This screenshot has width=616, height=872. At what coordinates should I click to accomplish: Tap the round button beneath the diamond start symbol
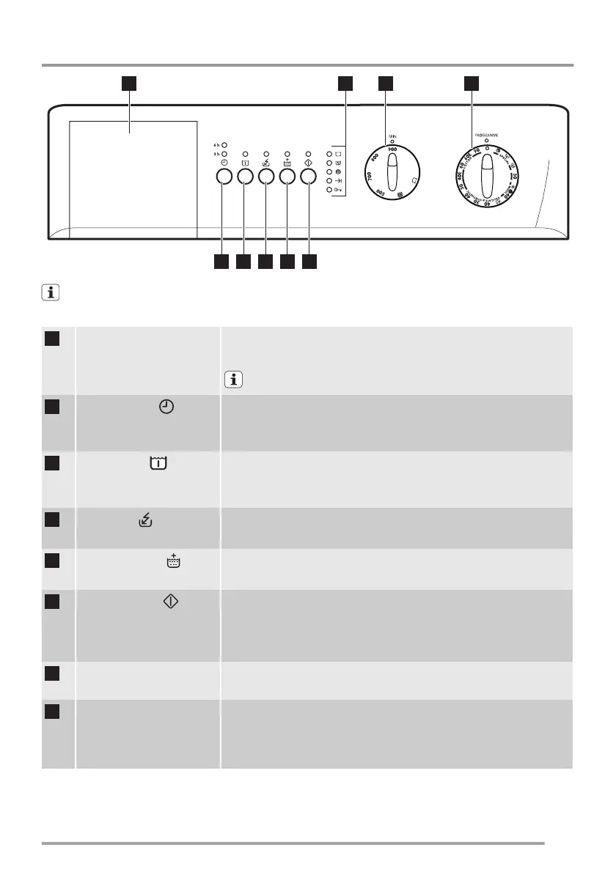point(309,176)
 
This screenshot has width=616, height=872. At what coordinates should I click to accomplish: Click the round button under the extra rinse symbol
point(287,176)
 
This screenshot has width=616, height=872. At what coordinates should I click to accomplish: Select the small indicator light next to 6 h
point(224,145)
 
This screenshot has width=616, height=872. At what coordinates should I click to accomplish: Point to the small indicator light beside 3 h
point(224,155)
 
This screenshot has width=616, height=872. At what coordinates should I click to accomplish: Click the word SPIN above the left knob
point(392,136)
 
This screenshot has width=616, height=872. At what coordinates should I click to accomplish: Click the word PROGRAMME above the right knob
point(476,136)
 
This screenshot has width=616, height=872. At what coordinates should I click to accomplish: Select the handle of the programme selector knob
point(485,176)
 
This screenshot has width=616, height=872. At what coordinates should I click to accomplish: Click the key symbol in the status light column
point(338,189)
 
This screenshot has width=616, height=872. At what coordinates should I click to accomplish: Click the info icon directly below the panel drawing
point(51,293)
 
